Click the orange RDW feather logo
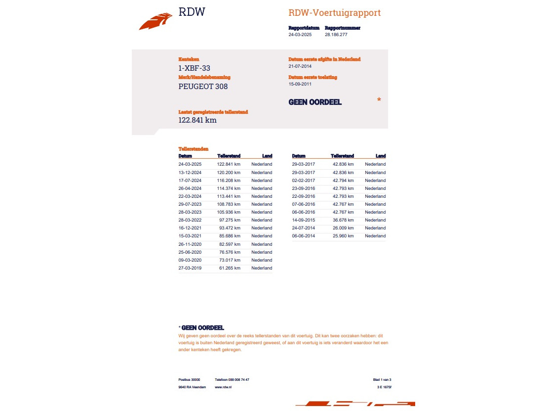(x=156, y=22)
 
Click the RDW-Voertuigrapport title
(x=334, y=13)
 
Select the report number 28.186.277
(x=336, y=35)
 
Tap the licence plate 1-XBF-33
(x=197, y=68)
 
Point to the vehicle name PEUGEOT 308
(x=203, y=87)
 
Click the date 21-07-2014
(x=301, y=66)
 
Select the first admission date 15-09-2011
(x=301, y=84)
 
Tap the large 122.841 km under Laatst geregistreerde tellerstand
(x=197, y=120)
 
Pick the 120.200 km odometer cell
(x=229, y=173)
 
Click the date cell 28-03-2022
(x=190, y=220)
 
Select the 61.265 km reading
(x=230, y=268)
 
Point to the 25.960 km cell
(x=343, y=236)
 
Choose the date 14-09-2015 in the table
(x=304, y=220)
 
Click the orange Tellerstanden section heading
(x=193, y=149)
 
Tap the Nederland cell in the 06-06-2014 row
(x=375, y=236)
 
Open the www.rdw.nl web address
(x=223, y=387)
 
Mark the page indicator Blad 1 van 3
(x=382, y=379)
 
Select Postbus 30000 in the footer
(x=189, y=379)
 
